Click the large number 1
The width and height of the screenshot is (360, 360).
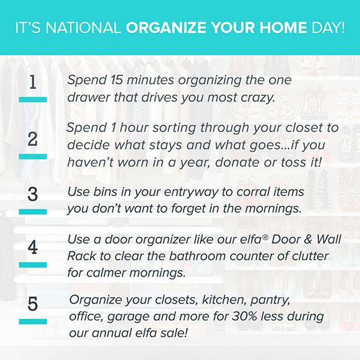[32, 84]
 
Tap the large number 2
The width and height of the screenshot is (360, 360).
[32, 139]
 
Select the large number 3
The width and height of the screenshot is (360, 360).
[32, 194]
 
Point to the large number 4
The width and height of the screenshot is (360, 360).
[32, 247]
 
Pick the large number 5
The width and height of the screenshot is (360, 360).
[32, 304]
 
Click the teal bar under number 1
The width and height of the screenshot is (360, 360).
[33, 99]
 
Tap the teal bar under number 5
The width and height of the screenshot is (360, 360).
[33, 321]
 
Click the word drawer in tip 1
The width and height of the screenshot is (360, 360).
[86, 98]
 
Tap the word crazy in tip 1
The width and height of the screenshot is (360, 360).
[257, 98]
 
